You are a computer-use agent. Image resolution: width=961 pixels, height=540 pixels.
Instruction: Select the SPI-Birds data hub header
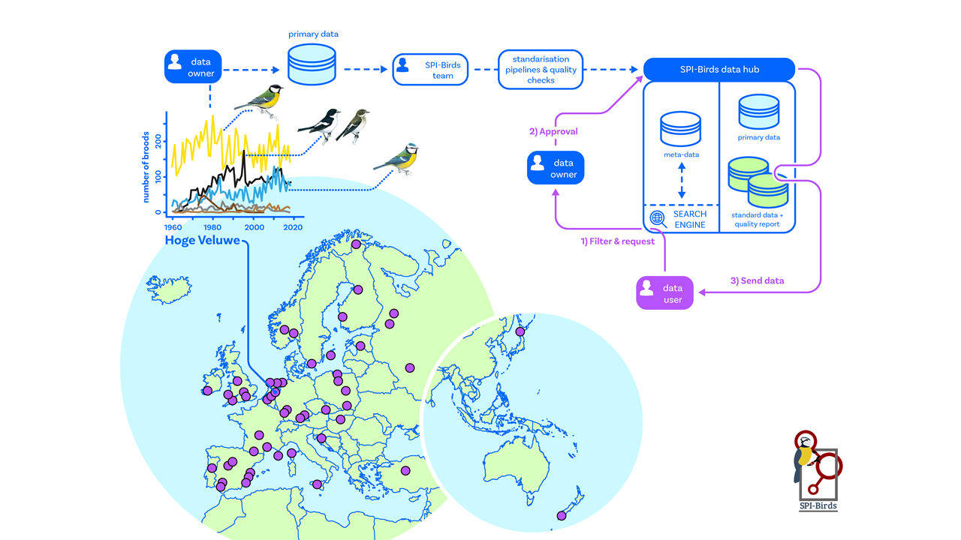point(718,70)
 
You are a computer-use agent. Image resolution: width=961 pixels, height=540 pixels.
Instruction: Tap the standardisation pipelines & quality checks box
point(541,70)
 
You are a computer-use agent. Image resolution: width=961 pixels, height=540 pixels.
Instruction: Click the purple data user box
point(665,293)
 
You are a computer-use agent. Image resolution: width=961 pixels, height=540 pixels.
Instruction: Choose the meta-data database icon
point(681,129)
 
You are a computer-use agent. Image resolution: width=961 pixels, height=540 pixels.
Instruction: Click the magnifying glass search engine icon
point(658,218)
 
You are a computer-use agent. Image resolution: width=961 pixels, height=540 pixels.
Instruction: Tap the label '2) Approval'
point(553,132)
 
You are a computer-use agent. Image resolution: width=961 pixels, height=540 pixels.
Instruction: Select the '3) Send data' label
point(757,280)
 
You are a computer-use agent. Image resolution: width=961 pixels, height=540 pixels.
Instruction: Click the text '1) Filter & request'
point(618,241)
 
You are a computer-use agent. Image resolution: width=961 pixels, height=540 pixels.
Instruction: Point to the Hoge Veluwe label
point(202,241)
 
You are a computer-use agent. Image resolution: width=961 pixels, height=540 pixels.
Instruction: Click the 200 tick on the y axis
point(158,140)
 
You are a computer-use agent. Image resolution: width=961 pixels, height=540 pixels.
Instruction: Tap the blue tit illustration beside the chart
point(398,158)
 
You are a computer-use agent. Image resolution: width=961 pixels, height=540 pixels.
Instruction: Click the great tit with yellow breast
point(260,100)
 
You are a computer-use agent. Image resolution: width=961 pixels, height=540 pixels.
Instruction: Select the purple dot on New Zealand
point(561,515)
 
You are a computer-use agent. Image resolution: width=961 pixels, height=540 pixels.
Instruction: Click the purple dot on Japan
point(520,331)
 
